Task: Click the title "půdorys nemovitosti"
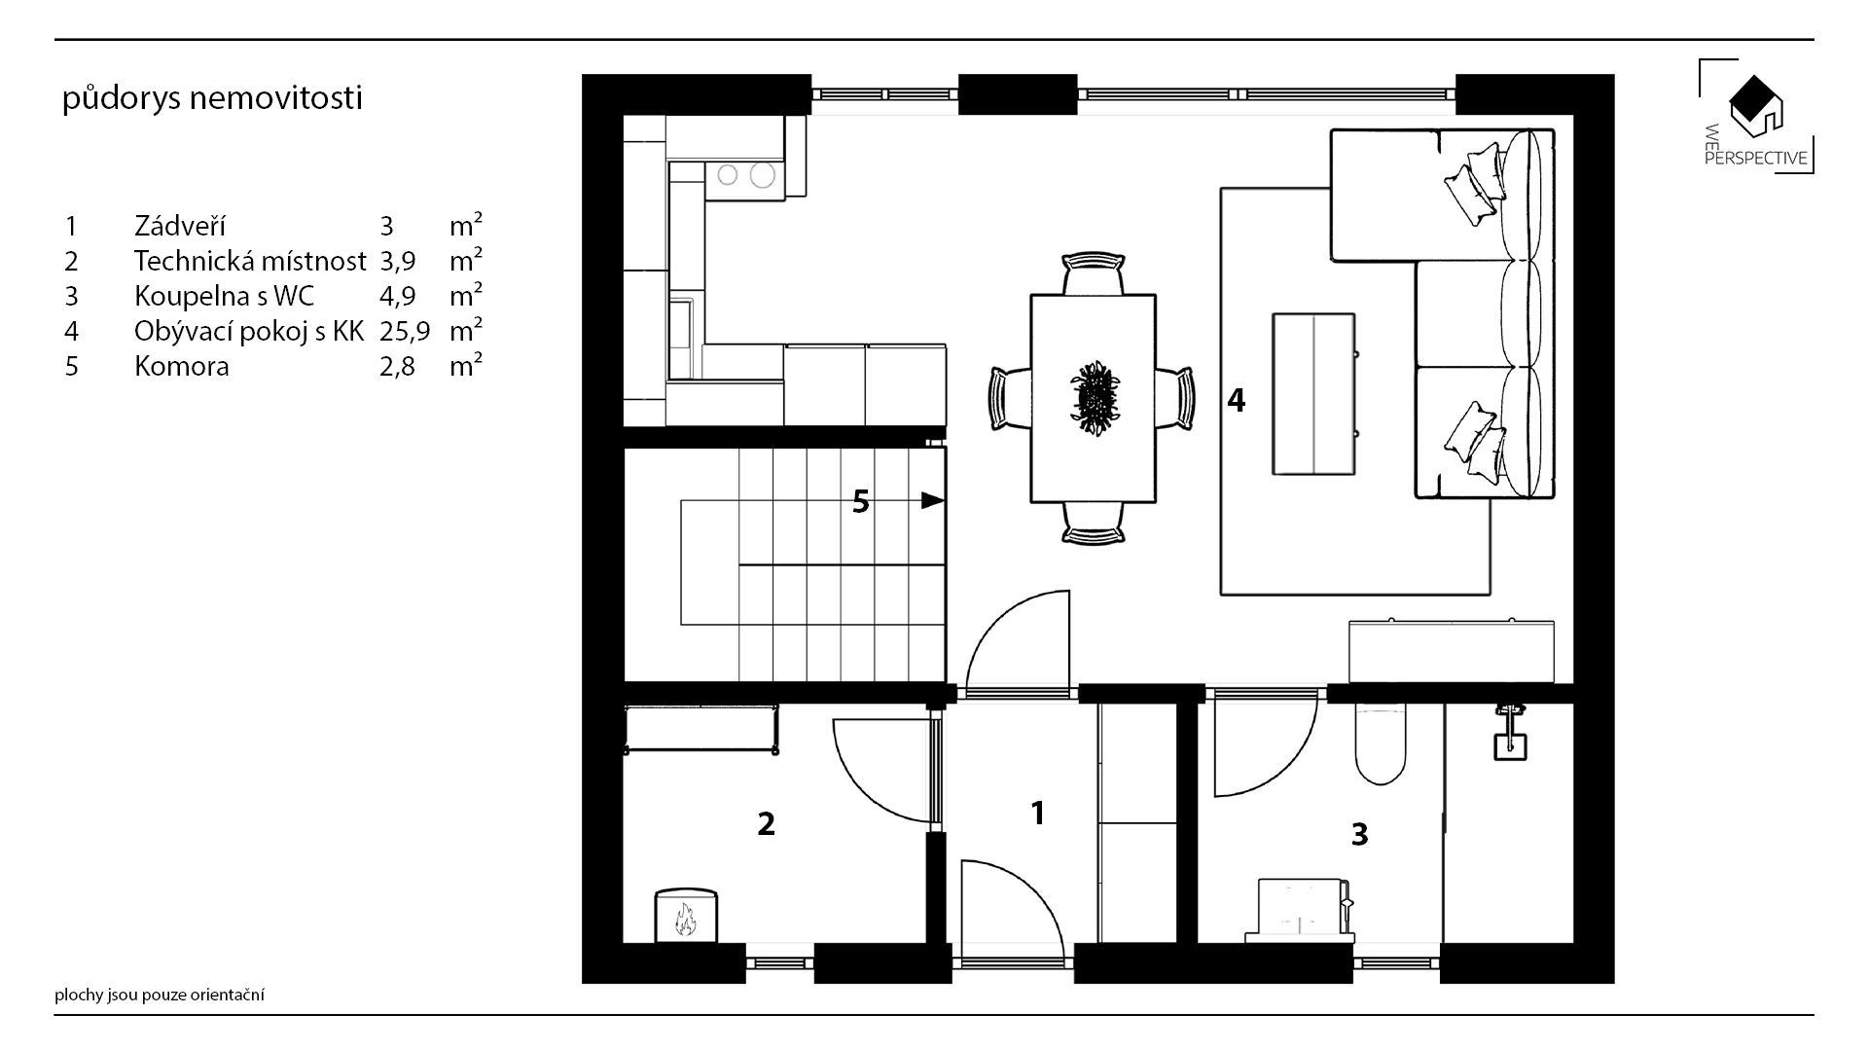click(x=212, y=99)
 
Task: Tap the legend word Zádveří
click(x=180, y=227)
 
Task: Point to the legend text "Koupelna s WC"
click(x=224, y=297)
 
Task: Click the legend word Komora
click(x=182, y=367)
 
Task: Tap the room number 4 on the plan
click(x=1236, y=400)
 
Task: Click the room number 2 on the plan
click(x=766, y=824)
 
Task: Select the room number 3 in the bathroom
click(x=1359, y=834)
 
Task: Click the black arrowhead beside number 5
click(x=933, y=501)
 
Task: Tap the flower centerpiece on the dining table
click(x=1095, y=398)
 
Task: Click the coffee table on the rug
click(x=1313, y=394)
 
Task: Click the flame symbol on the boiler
click(x=686, y=919)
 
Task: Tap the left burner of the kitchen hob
click(x=728, y=175)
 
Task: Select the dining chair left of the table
click(x=1007, y=397)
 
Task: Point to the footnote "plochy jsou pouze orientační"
click(x=160, y=996)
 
